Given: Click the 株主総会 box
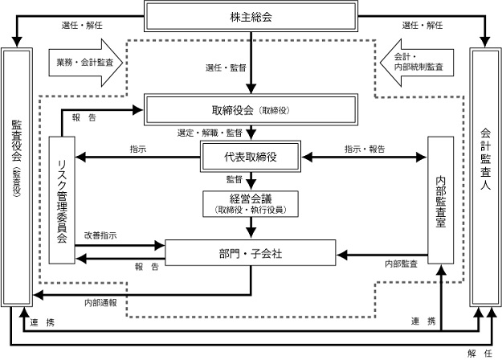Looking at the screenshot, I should point(251,16).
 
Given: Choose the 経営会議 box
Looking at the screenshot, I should point(251,203).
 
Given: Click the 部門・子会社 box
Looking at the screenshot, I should point(251,252).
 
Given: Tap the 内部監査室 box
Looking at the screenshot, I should point(441,199).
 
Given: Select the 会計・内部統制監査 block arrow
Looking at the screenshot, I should point(417,62).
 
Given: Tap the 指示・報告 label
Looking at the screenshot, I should point(365,149).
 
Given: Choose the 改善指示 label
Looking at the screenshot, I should point(100,235).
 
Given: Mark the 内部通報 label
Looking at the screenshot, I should point(100,303).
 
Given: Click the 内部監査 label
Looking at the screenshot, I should point(400,263).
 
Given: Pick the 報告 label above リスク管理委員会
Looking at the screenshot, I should point(84,118).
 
